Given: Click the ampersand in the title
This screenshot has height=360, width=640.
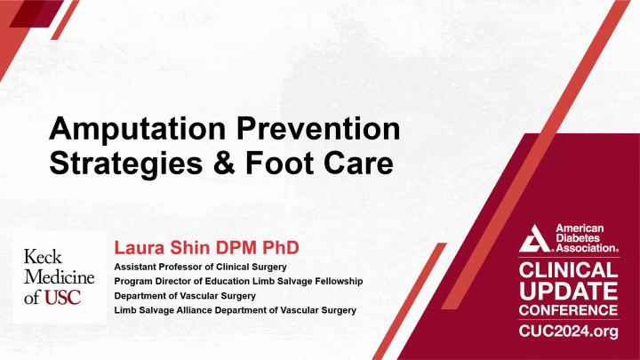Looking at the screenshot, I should pyautogui.click(x=222, y=165).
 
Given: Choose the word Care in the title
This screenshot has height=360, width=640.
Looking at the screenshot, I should pyautogui.click(x=356, y=165).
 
